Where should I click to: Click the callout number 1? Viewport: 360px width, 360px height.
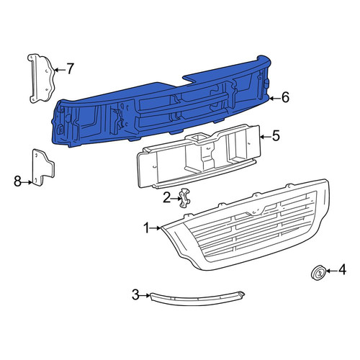click(147, 228)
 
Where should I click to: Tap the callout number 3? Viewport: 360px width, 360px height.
click(135, 295)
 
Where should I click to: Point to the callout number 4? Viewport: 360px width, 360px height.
click(342, 270)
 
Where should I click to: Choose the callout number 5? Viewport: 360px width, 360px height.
click(276, 136)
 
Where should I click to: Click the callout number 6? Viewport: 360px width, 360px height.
click(285, 98)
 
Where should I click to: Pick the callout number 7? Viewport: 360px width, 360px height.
click(70, 69)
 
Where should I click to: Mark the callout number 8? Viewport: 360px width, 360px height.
click(17, 181)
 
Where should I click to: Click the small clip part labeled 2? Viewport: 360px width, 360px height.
click(184, 198)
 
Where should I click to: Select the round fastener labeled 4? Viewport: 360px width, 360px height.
click(318, 273)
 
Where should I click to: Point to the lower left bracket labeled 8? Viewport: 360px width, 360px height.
click(43, 167)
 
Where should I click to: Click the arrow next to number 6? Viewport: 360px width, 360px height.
click(275, 98)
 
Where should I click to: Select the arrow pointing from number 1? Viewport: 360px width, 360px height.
click(156, 228)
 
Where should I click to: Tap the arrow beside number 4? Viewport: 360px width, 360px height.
click(331, 271)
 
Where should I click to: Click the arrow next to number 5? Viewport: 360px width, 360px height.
click(266, 137)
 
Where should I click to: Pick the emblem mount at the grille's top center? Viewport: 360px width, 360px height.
click(256, 211)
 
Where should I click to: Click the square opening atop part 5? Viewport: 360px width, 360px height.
click(198, 138)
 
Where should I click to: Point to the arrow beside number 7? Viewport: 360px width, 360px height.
click(60, 70)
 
